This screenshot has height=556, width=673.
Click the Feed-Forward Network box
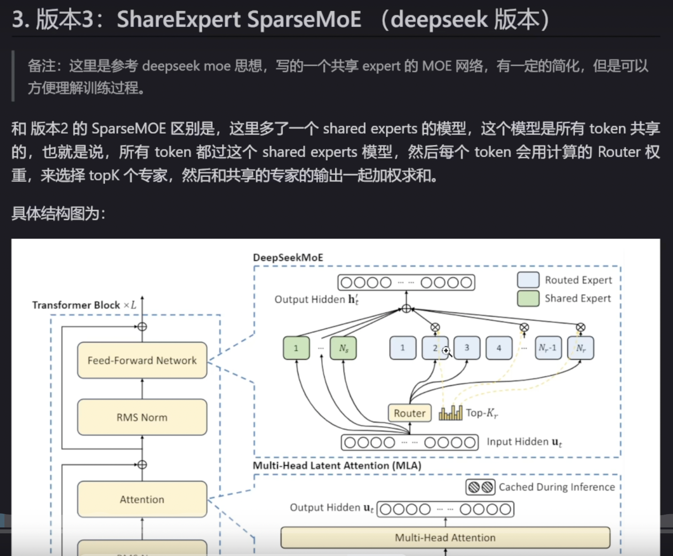tap(142, 360)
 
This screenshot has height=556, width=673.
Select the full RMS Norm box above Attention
tap(142, 417)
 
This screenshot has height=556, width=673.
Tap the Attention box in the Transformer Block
tap(142, 499)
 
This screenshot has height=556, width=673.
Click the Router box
tap(410, 413)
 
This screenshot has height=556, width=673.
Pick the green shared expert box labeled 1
tap(296, 348)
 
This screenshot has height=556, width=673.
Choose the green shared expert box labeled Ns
tap(343, 348)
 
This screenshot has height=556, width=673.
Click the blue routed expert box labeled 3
tap(467, 348)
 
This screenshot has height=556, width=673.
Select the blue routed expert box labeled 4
tap(499, 348)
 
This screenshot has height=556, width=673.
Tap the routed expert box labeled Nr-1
tap(548, 348)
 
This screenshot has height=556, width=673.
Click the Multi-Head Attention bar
tap(445, 538)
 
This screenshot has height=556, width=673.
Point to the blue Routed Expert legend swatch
tap(528, 280)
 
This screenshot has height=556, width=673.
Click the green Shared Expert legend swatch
tap(528, 298)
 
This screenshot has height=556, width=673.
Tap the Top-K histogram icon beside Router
tap(450, 413)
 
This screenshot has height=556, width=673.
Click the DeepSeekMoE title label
tap(288, 257)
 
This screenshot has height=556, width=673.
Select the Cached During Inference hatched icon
tap(480, 487)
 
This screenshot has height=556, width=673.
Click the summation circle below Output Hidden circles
tap(406, 309)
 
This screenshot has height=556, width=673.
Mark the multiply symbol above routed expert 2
tap(435, 327)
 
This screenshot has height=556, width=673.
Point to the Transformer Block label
tap(76, 305)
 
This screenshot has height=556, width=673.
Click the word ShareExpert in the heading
tap(179, 20)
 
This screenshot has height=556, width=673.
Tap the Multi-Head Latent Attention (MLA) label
tap(337, 465)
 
